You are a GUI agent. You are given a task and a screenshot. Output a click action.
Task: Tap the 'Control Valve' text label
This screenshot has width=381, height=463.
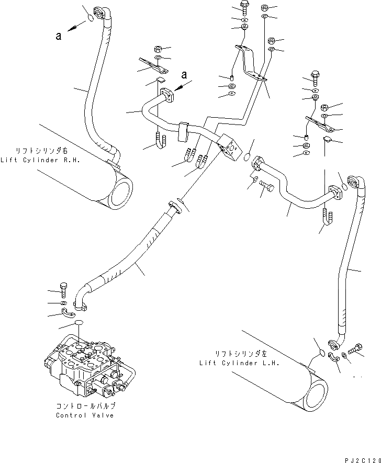pos(85,415)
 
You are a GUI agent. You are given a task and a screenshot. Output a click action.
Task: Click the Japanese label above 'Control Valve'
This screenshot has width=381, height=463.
pos(85,406)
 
